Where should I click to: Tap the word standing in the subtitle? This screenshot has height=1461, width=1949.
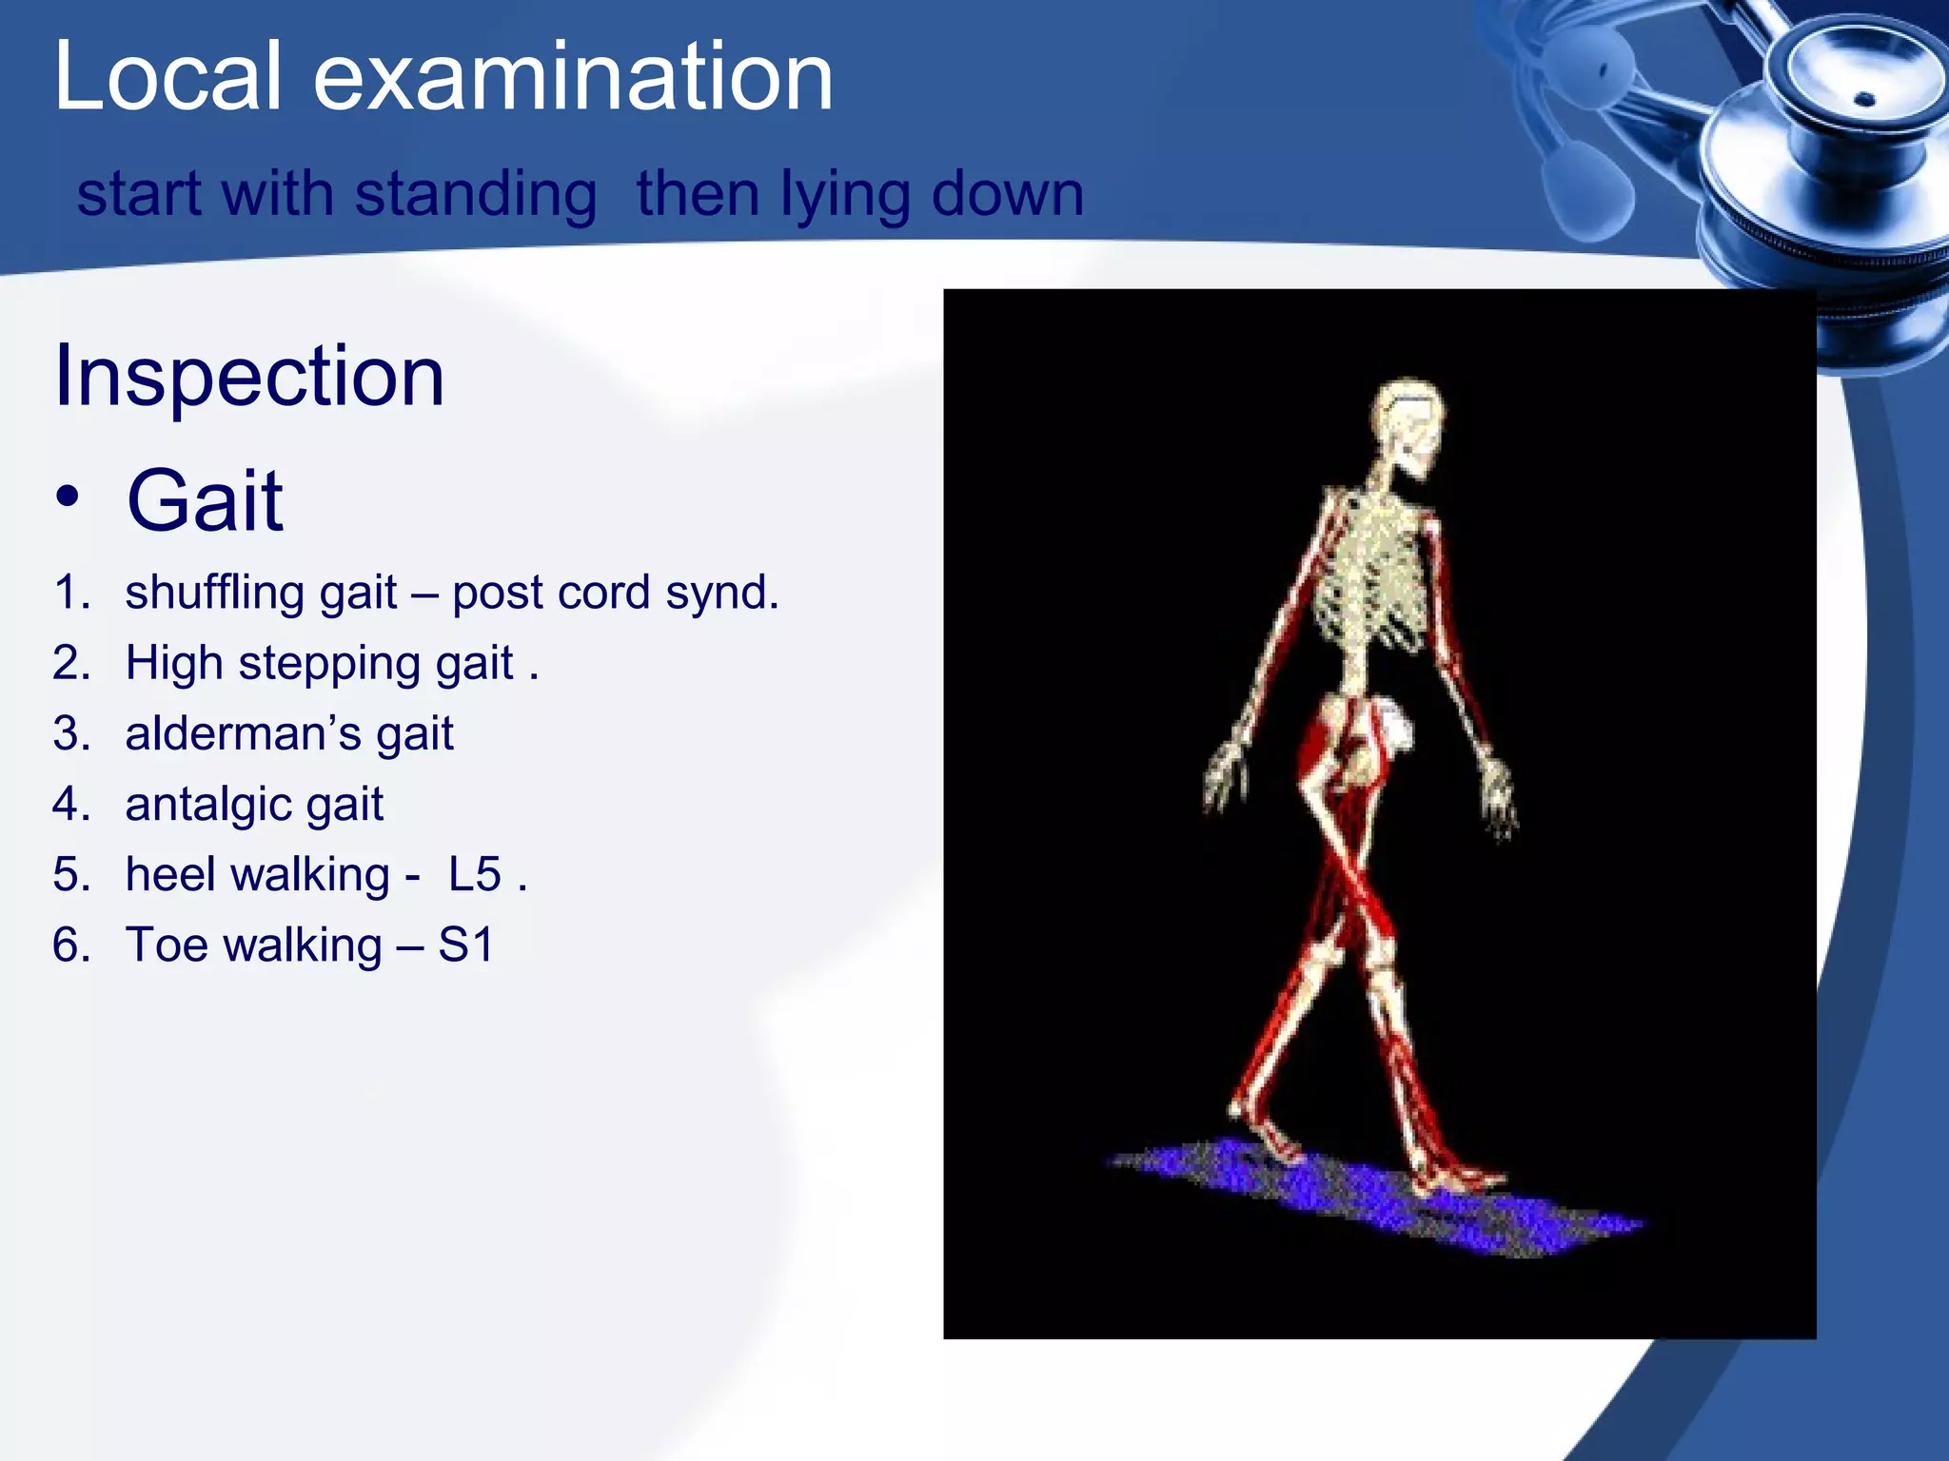coord(475,194)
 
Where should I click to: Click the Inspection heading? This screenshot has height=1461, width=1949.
coord(249,376)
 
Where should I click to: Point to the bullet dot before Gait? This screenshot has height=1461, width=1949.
coord(67,497)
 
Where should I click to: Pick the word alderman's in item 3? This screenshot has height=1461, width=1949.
coord(242,733)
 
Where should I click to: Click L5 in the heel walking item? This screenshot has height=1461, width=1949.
coord(475,874)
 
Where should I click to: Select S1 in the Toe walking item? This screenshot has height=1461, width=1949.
coord(466,945)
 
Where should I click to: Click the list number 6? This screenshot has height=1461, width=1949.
coord(70,945)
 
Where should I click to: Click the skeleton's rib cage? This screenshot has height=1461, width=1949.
coord(1370,580)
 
